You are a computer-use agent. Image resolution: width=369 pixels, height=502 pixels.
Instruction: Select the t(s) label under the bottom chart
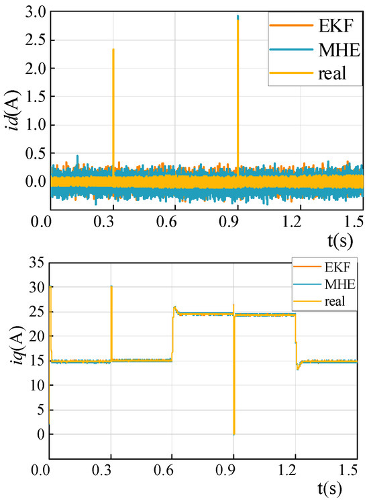pyautogui.click(x=346, y=488)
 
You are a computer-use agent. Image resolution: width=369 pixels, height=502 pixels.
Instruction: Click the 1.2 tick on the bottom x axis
pyautogui.click(x=295, y=470)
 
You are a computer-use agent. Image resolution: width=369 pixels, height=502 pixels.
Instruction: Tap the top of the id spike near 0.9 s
pyautogui.click(x=238, y=16)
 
